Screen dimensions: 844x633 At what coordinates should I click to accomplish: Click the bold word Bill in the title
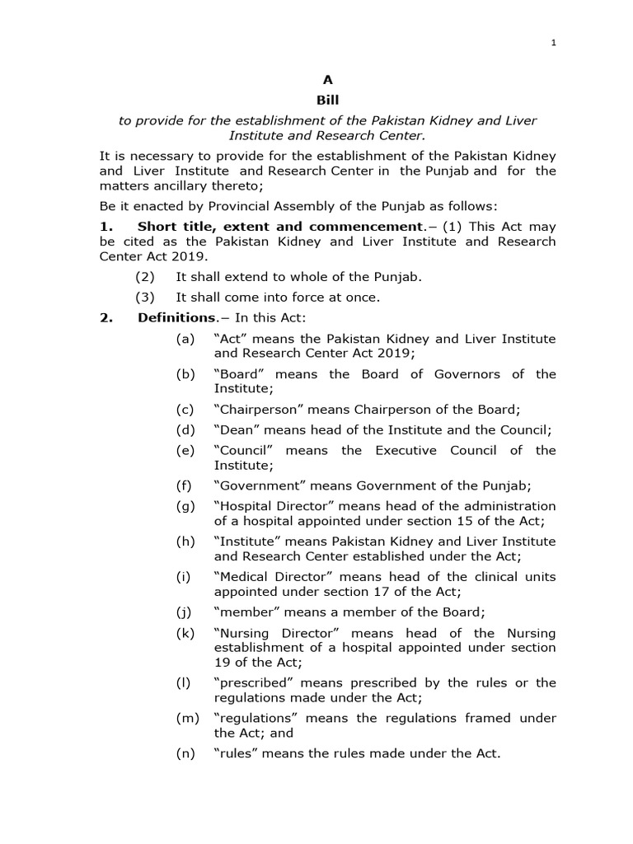328,100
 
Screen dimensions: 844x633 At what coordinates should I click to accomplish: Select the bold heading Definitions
176,317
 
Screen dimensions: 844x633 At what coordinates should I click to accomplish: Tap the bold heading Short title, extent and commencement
279,226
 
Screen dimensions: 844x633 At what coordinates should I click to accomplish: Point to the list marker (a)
185,339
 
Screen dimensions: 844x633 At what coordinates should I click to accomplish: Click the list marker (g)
185,506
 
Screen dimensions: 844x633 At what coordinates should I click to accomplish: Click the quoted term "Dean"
235,429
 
